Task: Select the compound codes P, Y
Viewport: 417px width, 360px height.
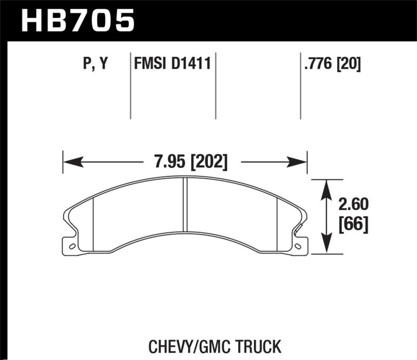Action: (95, 64)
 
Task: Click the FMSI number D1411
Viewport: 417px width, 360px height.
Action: (192, 64)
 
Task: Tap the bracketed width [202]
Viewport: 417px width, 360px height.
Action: (208, 162)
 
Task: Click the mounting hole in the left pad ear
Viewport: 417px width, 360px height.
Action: (72, 246)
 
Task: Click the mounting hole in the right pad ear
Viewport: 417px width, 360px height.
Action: (298, 246)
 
